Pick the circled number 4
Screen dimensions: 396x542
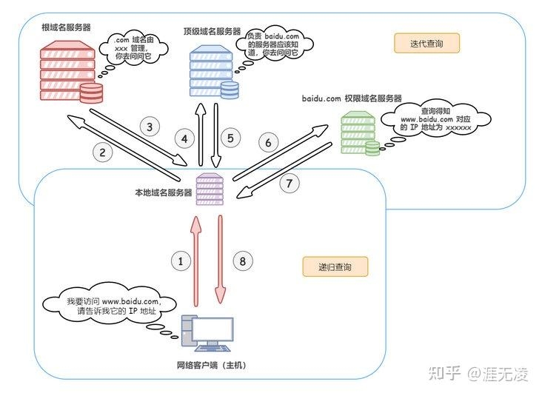(185, 138)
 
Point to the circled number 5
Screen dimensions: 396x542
(231, 138)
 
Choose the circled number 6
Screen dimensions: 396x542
(268, 141)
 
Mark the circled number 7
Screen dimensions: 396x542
(289, 184)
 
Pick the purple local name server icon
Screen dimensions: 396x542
(209, 189)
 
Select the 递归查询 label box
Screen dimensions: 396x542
(335, 266)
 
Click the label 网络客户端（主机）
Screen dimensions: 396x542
(211, 366)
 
